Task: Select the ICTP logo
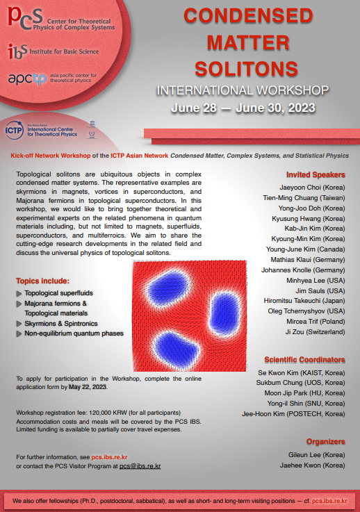pos(18,129)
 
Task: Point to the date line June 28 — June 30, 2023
pos(243,108)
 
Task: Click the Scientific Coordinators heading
pos(304,359)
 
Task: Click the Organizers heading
pos(325,441)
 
